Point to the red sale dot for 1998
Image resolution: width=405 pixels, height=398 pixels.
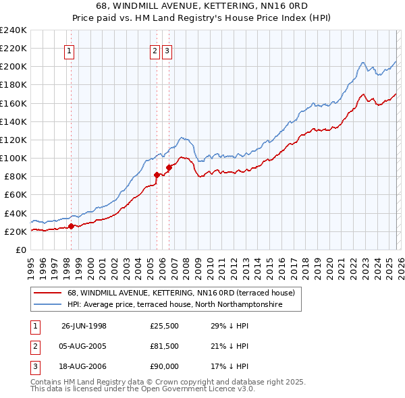click(x=71, y=226)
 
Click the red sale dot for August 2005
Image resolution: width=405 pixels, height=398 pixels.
click(x=157, y=175)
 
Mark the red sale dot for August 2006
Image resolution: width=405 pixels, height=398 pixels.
click(x=169, y=167)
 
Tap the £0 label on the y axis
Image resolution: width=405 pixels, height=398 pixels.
click(x=20, y=250)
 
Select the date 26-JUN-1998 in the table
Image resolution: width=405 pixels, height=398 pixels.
click(x=84, y=326)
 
